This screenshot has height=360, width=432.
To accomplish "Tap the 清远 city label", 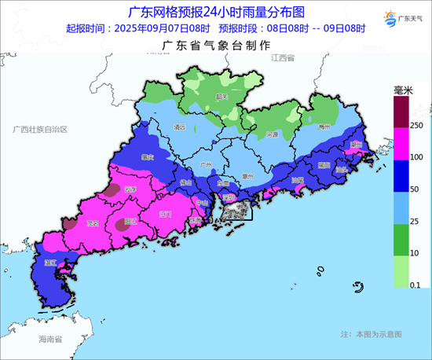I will coord(180,126).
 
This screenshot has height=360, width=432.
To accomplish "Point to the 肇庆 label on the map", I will coord(146,157).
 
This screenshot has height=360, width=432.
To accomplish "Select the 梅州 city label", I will coord(324,126).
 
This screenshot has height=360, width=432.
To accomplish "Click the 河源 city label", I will coord(273,134).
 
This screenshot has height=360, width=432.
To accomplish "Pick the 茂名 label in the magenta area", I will coord(94,223).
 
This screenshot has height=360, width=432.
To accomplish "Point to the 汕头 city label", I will coord(341,168).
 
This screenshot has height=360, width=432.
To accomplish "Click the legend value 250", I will coord(416,125).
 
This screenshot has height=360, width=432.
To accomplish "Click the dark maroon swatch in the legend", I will coord(401,111).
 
